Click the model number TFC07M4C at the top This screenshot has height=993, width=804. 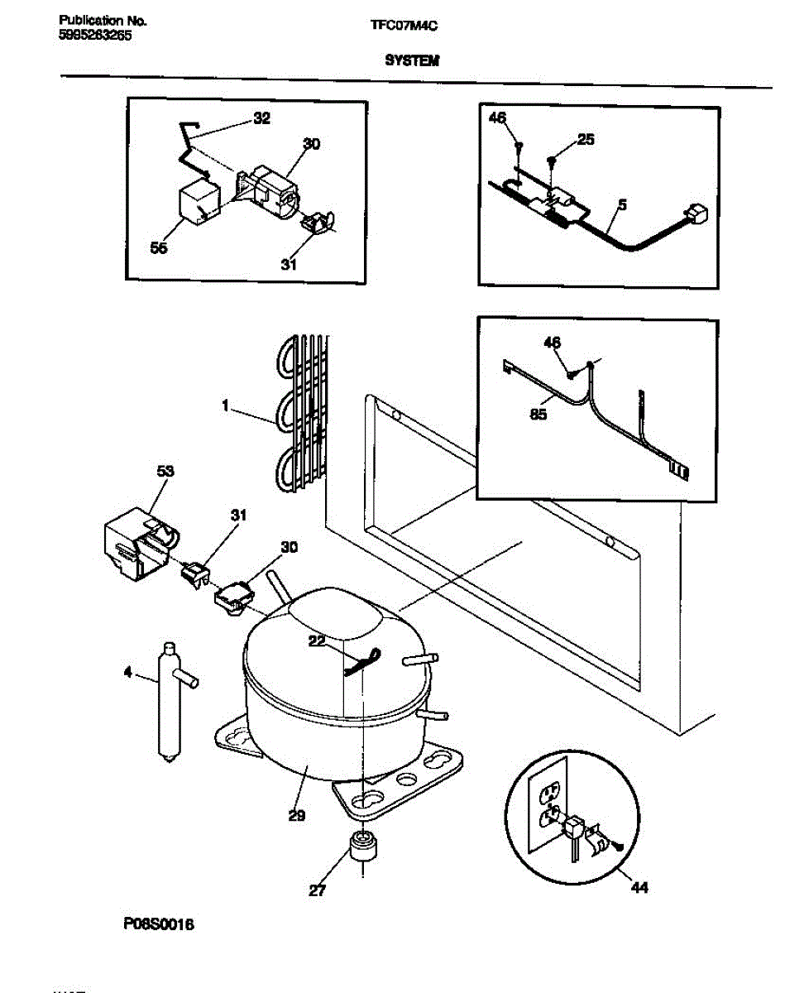click(404, 26)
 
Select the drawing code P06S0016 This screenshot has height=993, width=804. click(160, 925)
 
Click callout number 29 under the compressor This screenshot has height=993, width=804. click(297, 816)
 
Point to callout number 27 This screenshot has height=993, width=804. click(318, 890)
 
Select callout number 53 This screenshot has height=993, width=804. click(165, 471)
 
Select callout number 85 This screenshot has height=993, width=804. click(538, 415)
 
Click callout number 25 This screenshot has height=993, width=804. click(586, 140)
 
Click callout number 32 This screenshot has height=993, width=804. click(261, 118)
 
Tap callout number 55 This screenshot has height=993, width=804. click(160, 247)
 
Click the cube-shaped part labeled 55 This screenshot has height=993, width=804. click(199, 204)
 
